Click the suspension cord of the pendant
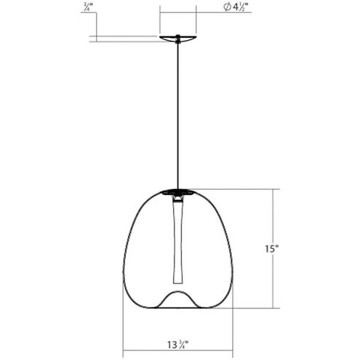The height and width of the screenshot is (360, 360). click(176, 116)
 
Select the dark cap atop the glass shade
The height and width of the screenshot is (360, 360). click(176, 191)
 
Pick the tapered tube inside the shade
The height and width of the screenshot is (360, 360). click(176, 240)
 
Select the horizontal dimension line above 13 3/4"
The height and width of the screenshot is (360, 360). click(176, 332)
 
